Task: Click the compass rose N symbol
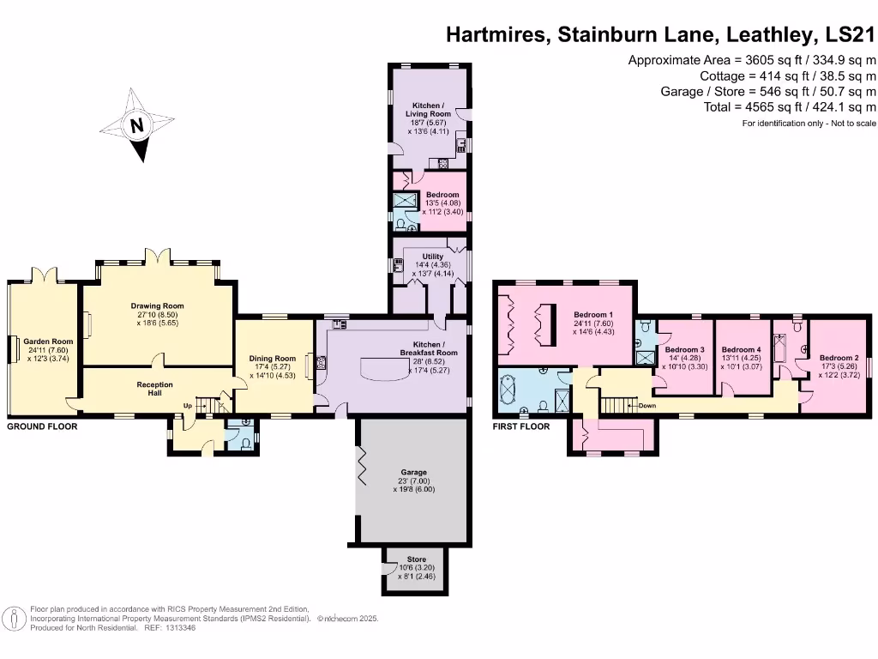135,126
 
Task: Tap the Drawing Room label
157,306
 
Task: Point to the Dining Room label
273,359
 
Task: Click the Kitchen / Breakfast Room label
429,348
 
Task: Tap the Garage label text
414,472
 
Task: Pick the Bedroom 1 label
592,314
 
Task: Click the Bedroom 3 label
684,350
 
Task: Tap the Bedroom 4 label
741,350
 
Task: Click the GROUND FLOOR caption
42,426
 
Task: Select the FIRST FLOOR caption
521,426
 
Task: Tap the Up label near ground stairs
186,406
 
